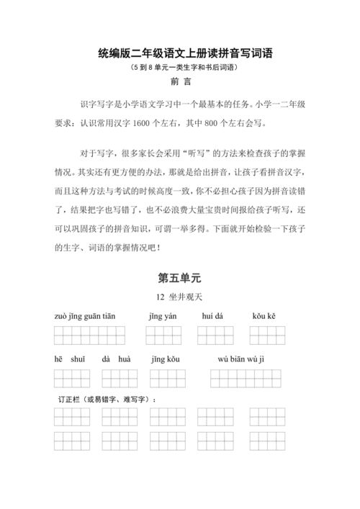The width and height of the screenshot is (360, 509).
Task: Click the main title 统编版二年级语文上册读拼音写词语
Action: tap(179, 53)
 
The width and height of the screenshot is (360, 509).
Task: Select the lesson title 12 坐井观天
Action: tap(179, 297)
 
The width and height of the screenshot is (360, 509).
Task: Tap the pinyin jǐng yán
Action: tap(163, 316)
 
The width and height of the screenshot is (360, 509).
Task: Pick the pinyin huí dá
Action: tap(213, 316)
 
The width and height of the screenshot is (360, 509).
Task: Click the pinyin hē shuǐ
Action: tap(70, 359)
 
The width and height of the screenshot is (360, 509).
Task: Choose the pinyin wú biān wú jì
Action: tap(240, 359)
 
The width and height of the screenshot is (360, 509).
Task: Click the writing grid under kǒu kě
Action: tap(268, 335)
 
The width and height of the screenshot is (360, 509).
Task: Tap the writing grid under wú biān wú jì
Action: tap(246, 379)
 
